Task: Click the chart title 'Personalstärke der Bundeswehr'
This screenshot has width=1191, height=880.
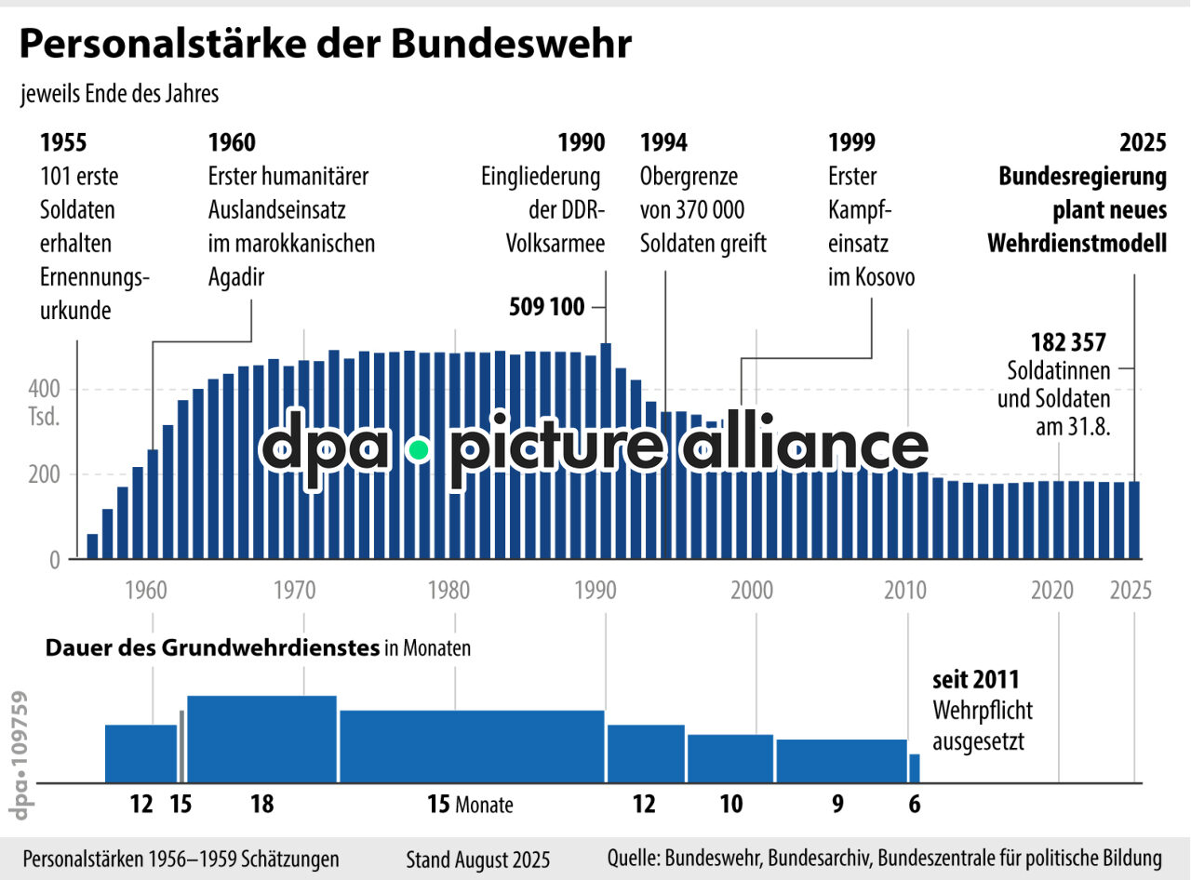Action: [326, 45]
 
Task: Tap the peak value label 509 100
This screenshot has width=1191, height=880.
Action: [547, 307]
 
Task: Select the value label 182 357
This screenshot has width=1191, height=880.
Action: [1068, 342]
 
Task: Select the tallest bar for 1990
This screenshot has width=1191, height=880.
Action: [606, 451]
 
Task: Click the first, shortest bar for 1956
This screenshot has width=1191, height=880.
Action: [92, 546]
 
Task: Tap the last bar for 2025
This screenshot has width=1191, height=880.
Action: [1134, 520]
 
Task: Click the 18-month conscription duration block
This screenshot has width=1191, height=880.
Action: [261, 739]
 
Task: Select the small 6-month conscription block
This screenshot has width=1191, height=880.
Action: [914, 768]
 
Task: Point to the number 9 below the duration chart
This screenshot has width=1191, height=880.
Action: [837, 804]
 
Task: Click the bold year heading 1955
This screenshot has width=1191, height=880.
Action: [64, 142]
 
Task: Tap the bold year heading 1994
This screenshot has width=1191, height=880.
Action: [663, 142]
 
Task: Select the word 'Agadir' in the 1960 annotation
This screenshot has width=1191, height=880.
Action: [230, 277]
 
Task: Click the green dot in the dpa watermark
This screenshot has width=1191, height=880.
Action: [419, 450]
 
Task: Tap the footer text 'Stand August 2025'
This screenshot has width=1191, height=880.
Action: [477, 859]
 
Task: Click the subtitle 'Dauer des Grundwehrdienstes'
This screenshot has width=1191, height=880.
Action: [212, 648]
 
